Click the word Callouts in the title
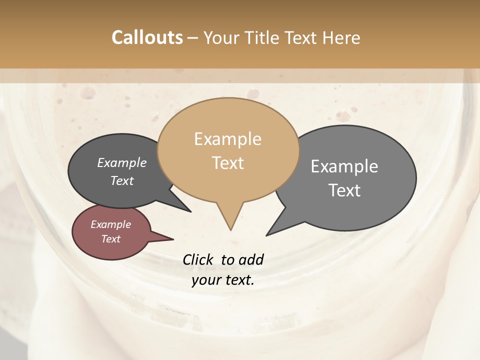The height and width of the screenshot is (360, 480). pos(147,37)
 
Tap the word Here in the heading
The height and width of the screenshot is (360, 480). pos(341,37)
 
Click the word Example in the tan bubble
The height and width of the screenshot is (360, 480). pos(228,139)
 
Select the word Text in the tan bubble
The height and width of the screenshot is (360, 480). pos(228,163)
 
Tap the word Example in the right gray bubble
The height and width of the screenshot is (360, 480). pos(344,166)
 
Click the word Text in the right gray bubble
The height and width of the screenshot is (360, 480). pos(344,190)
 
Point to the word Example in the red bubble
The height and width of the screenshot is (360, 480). pos(110,224)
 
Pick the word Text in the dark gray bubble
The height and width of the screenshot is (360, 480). pos(122,181)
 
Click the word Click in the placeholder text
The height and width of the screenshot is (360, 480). pos(198,259)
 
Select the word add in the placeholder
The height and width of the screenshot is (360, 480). pos(250,259)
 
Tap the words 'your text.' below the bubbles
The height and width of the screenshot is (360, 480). pos(223,280)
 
